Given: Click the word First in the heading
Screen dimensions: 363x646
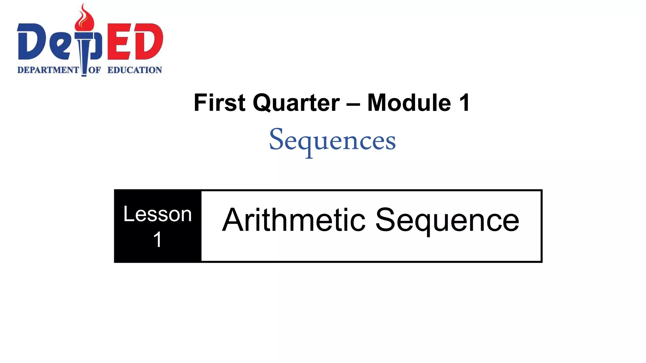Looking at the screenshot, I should (219, 103).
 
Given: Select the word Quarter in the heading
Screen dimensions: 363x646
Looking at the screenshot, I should (296, 103).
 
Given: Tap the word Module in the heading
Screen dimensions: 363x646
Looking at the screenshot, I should (409, 103).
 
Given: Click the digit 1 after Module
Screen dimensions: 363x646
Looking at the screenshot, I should (465, 103).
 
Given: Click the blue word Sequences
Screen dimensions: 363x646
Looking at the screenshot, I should (332, 141).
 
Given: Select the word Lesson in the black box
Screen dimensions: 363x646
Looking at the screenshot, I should (157, 214).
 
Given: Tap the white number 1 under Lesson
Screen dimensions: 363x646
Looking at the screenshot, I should (157, 239).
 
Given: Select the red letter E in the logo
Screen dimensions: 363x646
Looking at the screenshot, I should (119, 42).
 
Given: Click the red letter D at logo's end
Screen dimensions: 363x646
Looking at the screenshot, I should (148, 42).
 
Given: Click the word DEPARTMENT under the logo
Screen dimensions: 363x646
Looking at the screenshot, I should (48, 70).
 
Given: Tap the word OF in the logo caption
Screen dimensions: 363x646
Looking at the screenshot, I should (94, 70).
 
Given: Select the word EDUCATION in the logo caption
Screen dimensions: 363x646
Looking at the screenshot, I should (135, 70).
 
